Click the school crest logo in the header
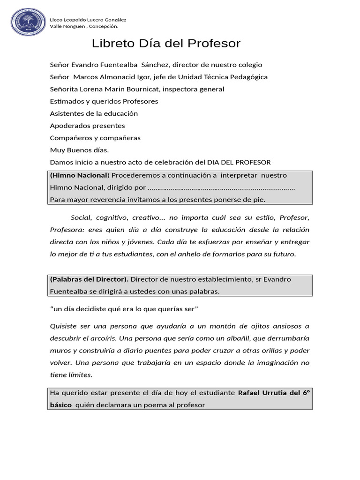point(28,22)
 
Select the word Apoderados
point(69,126)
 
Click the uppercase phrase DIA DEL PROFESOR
point(239,162)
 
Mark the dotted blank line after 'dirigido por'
point(221,187)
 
